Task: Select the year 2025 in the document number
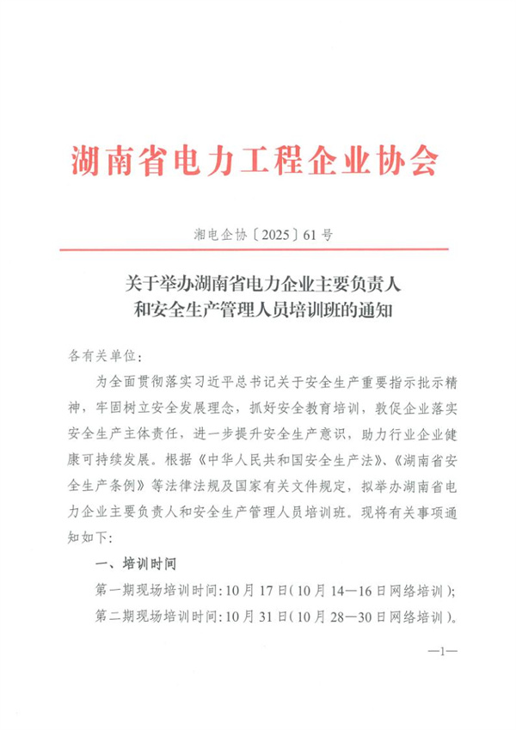coord(261,232)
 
